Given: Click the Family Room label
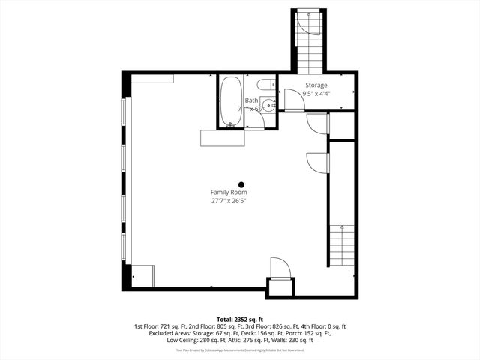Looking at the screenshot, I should [x=228, y=193].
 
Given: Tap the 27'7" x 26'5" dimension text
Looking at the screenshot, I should [x=228, y=201].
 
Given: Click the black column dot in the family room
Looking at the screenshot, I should [x=241, y=184].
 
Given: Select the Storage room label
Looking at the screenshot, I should [x=316, y=85].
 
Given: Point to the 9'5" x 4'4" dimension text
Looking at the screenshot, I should [x=316, y=94].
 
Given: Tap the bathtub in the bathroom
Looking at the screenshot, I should [x=231, y=100].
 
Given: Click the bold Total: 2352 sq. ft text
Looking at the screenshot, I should [x=239, y=319].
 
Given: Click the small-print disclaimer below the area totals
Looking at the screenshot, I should [x=239, y=350].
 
